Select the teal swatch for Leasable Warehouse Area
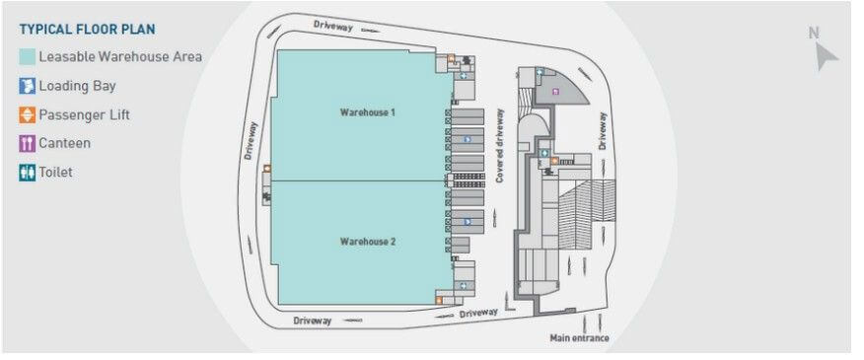[x=28, y=57]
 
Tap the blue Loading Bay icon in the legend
[x=28, y=86]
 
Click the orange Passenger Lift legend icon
[x=28, y=114]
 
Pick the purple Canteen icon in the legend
[x=28, y=143]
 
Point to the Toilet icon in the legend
[x=28, y=172]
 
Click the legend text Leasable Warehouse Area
[x=120, y=57]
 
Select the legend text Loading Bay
[x=79, y=86]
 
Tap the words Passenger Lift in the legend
[x=85, y=114]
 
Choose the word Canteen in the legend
[x=65, y=143]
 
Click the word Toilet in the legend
[x=56, y=172]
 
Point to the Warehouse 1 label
[x=368, y=112]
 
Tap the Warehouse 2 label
[x=368, y=242]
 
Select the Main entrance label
[x=579, y=338]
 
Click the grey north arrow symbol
[x=826, y=56]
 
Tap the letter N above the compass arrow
[x=815, y=33]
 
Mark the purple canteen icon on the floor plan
[x=556, y=92]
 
